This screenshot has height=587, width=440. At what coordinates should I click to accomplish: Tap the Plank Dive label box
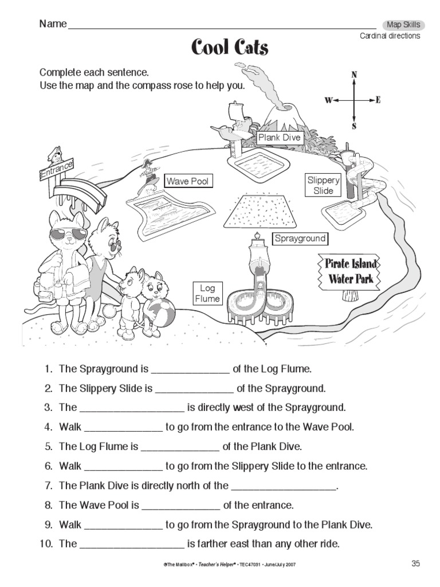click(279, 138)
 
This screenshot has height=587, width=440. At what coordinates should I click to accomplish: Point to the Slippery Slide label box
click(324, 185)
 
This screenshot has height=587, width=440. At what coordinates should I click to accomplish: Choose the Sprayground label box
click(299, 238)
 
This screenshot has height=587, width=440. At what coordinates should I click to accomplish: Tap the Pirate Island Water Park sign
click(351, 271)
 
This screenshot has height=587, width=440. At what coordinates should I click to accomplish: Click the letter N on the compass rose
click(354, 75)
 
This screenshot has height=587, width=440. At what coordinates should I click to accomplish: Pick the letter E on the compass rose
click(378, 100)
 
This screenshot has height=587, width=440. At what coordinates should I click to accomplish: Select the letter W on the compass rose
click(328, 100)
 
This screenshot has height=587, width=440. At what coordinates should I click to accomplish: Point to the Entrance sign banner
click(57, 170)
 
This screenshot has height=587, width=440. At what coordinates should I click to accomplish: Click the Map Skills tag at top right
click(403, 25)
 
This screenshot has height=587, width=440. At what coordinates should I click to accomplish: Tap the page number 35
click(416, 563)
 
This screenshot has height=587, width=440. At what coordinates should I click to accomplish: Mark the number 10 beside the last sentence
click(46, 543)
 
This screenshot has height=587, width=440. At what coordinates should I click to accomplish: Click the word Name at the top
click(53, 24)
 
